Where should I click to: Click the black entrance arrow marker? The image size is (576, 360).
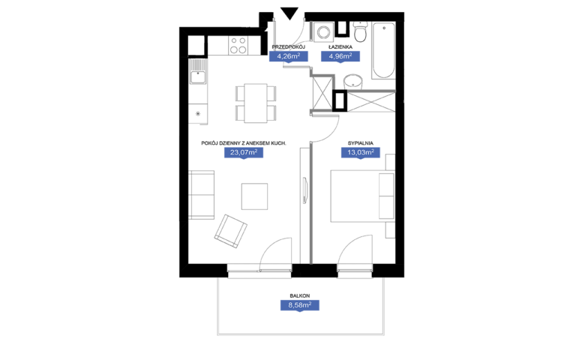(x=289, y=13)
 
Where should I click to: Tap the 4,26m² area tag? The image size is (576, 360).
(x=288, y=56)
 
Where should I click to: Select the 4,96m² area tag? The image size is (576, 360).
(x=340, y=56)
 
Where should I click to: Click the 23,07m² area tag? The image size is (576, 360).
(x=244, y=152)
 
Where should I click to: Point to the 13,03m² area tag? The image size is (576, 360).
(x=360, y=152)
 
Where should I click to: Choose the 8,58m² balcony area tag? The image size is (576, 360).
(x=300, y=305)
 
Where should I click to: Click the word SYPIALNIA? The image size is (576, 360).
(x=360, y=143)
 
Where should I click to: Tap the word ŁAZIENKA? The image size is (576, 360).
(x=340, y=47)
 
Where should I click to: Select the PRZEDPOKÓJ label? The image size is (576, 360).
(x=288, y=47)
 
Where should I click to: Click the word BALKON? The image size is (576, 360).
(x=300, y=295)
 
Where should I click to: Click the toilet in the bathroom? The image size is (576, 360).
(x=360, y=31)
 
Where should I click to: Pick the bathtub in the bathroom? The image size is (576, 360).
(x=383, y=51)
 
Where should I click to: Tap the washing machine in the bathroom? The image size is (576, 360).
(x=323, y=32)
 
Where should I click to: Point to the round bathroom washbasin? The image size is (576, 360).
(x=353, y=82)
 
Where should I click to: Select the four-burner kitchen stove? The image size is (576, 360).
(x=238, y=46)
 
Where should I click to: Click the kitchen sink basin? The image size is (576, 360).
(x=198, y=77)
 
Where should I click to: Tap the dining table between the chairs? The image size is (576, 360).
(x=256, y=103)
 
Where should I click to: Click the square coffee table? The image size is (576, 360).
(x=254, y=196)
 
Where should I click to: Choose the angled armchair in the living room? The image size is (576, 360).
(x=231, y=231)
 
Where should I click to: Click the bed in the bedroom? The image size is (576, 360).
(x=362, y=196)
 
